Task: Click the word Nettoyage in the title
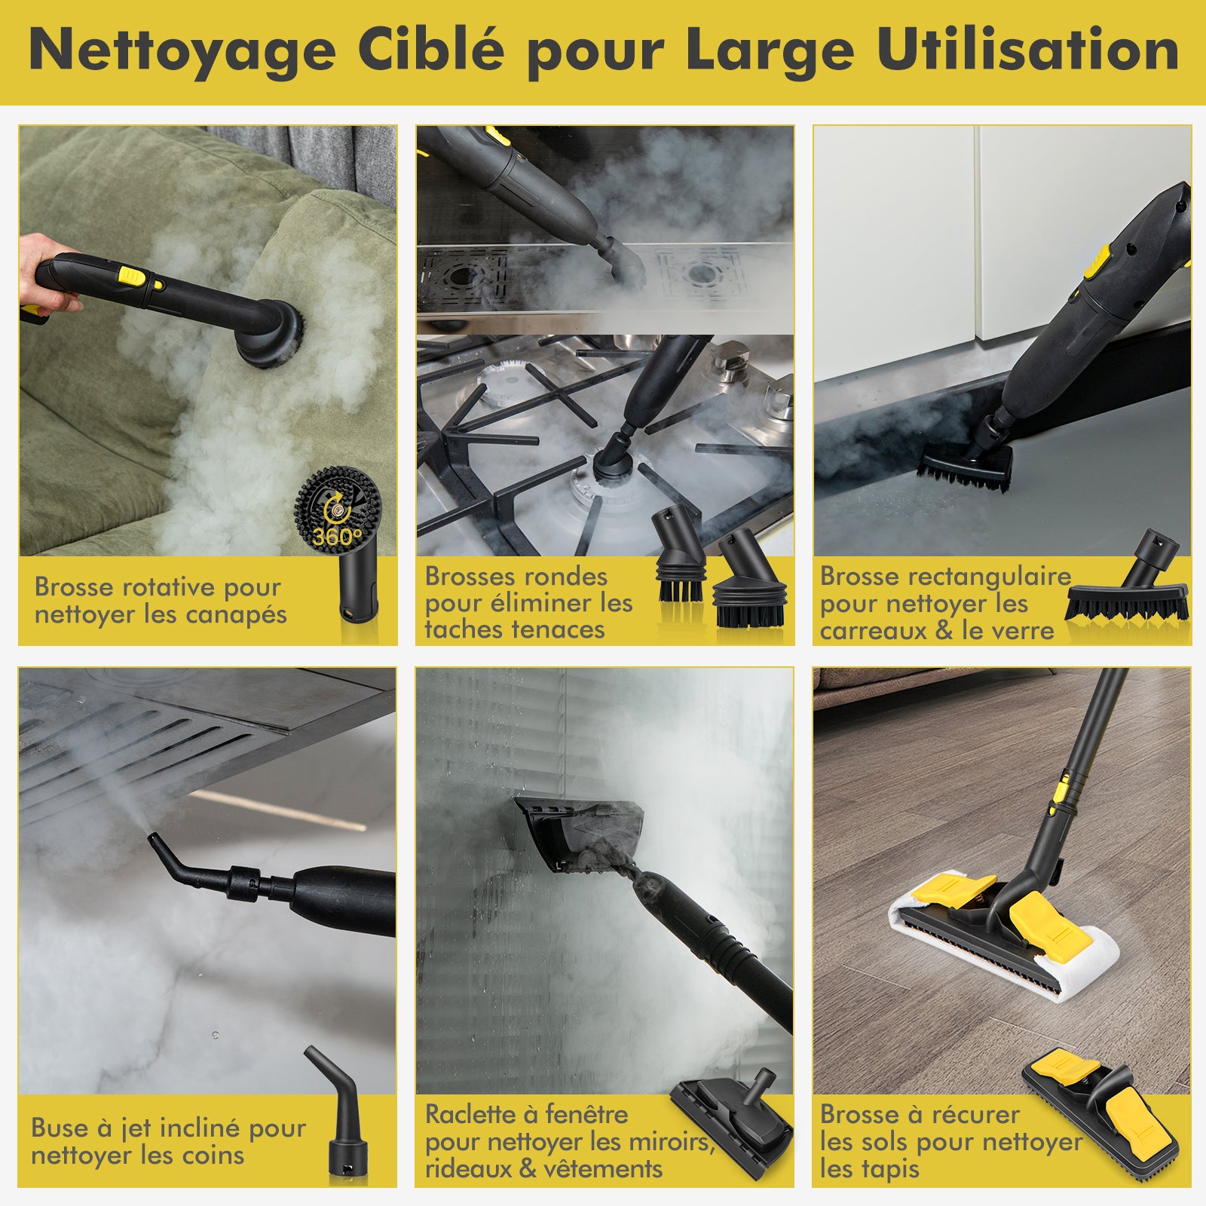pyautogui.click(x=182, y=51)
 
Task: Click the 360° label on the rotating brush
pyautogui.click(x=337, y=537)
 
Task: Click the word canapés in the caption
pyautogui.click(x=236, y=615)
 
